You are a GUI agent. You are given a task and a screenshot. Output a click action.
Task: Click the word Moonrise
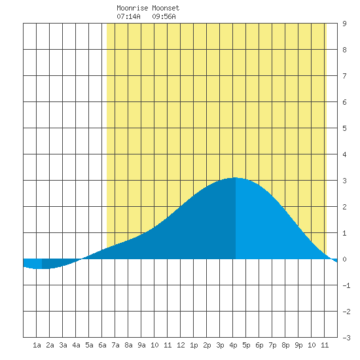pyautogui.click(x=132, y=8)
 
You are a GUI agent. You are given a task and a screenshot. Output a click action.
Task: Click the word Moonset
pyautogui.click(x=166, y=8)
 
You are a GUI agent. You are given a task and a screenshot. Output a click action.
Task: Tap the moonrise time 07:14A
pyautogui.click(x=128, y=16)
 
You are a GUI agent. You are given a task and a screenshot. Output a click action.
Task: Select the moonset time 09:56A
pyautogui.click(x=164, y=16)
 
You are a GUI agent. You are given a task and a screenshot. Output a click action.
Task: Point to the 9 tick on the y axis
pyautogui.click(x=344, y=24)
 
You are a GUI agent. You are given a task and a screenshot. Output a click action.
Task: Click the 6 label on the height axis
pyautogui.click(x=344, y=102)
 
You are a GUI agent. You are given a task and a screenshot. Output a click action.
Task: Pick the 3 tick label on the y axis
pyautogui.click(x=344, y=181)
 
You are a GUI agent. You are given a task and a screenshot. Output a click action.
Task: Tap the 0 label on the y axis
pyautogui.click(x=344, y=259)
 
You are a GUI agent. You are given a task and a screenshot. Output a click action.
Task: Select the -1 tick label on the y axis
pyautogui.click(x=346, y=285)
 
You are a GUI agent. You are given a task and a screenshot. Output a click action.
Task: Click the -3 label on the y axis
pyautogui.click(x=346, y=338)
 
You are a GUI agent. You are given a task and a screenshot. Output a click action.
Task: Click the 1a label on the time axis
pyautogui.click(x=37, y=345)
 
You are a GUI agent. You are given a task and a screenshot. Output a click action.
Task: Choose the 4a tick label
pyautogui.click(x=76, y=345)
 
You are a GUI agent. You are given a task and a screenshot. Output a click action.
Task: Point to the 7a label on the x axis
pyautogui.click(x=115, y=345)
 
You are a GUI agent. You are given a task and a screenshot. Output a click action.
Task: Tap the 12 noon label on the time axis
pyautogui.click(x=181, y=345)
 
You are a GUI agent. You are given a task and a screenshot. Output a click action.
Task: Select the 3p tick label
pyautogui.click(x=220, y=345)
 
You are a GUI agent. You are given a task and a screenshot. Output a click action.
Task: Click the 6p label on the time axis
pyautogui.click(x=259, y=345)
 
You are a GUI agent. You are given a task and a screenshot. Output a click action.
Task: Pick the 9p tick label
pyautogui.click(x=298, y=345)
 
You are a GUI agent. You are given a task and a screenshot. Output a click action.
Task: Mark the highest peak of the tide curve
pyautogui.click(x=236, y=177)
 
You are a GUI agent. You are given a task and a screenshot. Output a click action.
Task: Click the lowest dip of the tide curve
pyautogui.click(x=42, y=268)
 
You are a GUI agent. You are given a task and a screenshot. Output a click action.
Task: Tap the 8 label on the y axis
pyautogui.click(x=344, y=50)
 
